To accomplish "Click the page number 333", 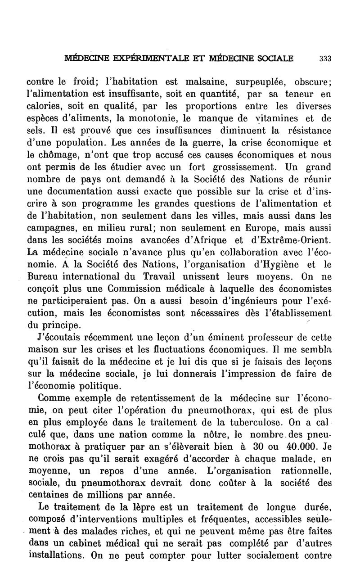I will pyautogui.click(x=325, y=58).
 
